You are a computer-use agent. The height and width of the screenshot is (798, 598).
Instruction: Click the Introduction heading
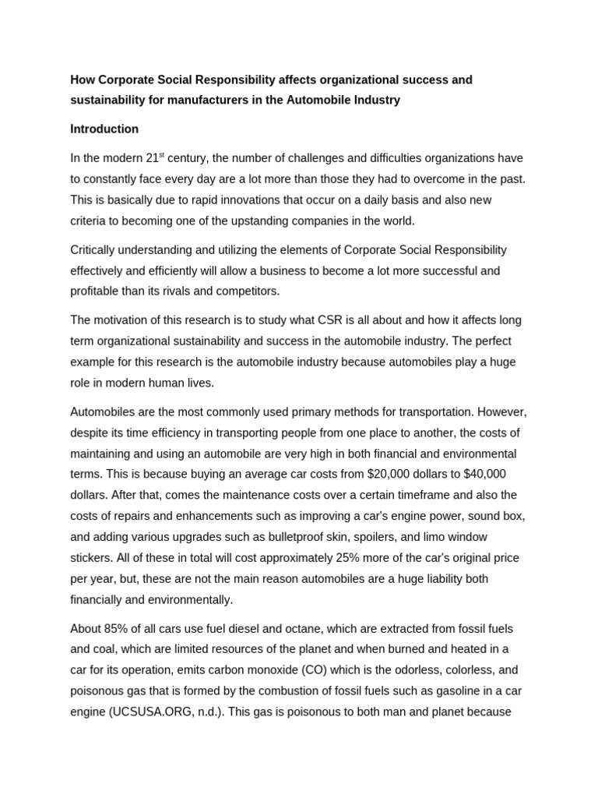104,129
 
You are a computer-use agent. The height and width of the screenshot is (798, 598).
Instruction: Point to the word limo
437,537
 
